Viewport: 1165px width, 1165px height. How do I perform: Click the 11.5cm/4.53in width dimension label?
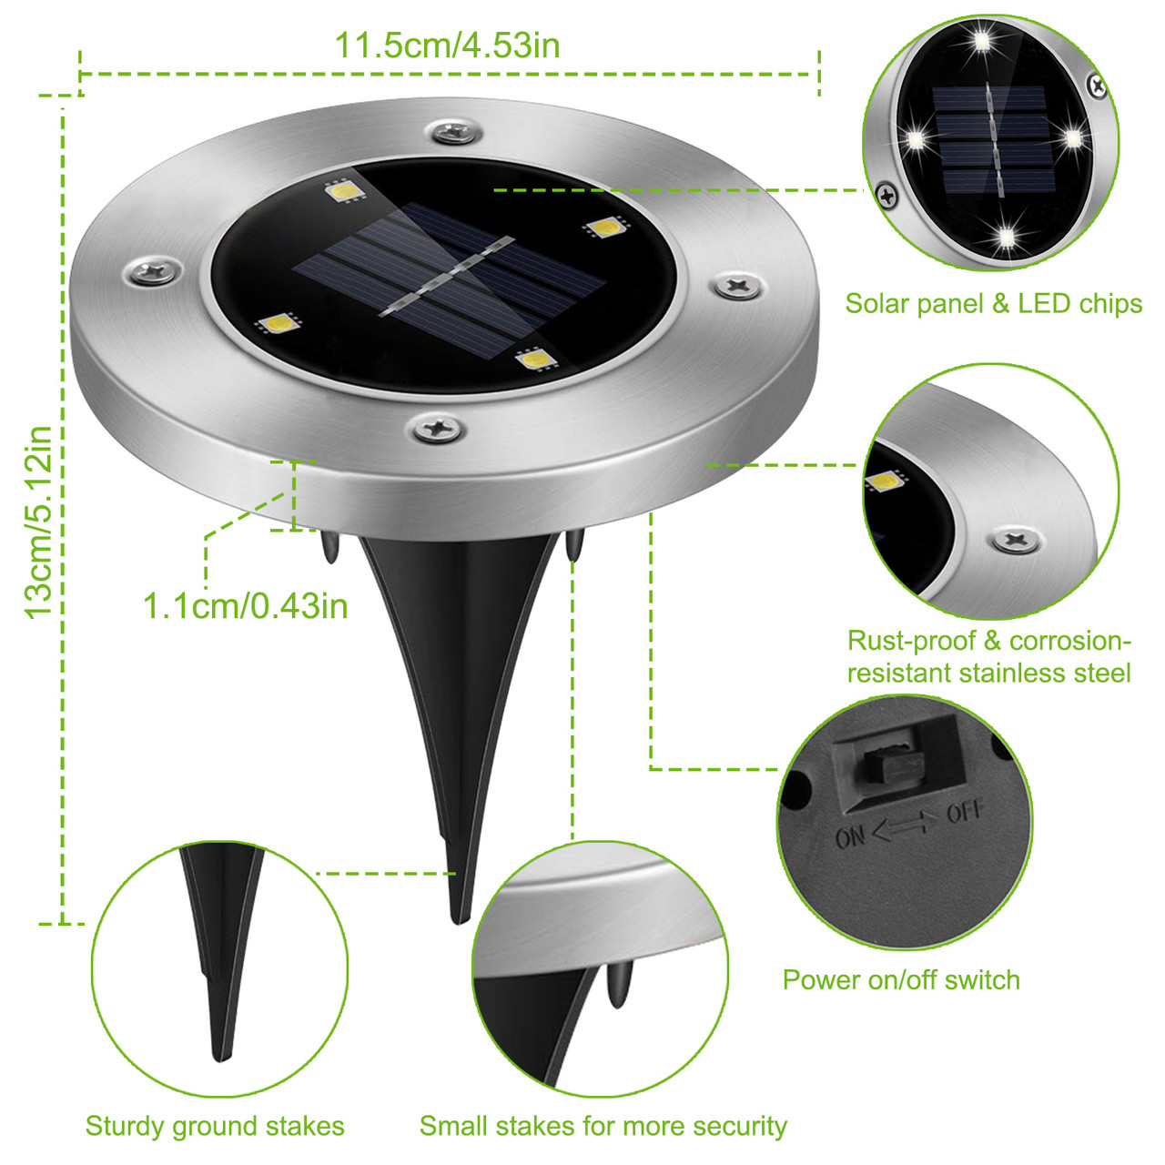coord(447,46)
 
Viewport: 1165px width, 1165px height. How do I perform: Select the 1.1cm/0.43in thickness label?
coord(245,606)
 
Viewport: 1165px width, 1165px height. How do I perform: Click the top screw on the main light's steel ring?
coord(452,132)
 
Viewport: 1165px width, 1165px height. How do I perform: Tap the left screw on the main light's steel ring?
coord(153,270)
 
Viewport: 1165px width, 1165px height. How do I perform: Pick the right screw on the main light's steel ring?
coord(737,287)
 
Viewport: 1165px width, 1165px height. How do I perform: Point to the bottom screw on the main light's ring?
coord(438,427)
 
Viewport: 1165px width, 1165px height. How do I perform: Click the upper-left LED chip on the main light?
coord(345,191)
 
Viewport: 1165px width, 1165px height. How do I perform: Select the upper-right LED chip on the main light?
coord(603,228)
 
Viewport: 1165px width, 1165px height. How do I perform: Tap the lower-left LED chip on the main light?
coord(279,323)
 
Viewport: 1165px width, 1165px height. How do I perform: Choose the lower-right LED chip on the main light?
coord(537,360)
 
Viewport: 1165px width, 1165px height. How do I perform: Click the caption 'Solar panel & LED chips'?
coord(993,304)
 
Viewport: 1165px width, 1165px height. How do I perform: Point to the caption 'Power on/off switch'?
coord(901,980)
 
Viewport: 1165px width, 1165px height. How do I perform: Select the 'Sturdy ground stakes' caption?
coord(215,1127)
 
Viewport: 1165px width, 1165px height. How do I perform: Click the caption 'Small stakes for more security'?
coord(603,1127)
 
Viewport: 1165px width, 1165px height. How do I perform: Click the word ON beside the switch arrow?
coord(850,836)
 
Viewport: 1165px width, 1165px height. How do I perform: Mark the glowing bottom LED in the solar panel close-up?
coord(1005,238)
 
